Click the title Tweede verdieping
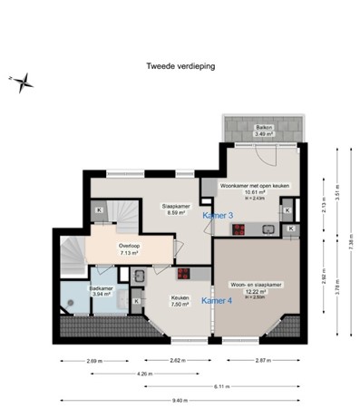click(180, 65)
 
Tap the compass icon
click(24, 83)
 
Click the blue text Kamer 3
click(218, 215)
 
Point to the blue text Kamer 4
click(216, 299)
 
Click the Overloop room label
click(128, 249)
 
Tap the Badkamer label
click(101, 290)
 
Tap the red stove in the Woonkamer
click(240, 229)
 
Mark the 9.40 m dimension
click(180, 400)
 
